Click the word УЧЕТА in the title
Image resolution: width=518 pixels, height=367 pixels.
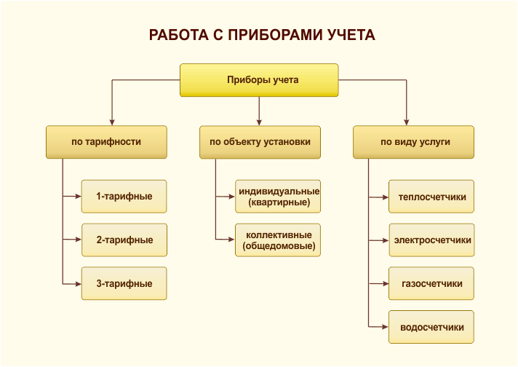click(x=351, y=35)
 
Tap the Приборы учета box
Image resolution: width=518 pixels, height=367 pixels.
click(x=259, y=80)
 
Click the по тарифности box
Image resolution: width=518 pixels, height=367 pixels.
click(x=106, y=142)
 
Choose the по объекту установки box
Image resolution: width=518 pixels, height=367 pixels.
click(x=260, y=142)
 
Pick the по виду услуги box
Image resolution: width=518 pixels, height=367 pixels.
click(x=414, y=142)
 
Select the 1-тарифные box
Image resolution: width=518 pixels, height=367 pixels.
click(x=124, y=197)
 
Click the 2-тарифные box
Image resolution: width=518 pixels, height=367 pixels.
click(x=124, y=240)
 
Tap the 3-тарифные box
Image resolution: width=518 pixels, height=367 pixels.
click(x=124, y=284)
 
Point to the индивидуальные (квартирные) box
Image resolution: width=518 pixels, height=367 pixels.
click(x=278, y=197)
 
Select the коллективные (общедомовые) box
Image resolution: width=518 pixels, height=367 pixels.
click(x=278, y=240)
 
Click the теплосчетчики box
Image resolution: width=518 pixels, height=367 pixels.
click(x=431, y=197)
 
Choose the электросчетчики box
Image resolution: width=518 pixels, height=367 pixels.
click(x=431, y=240)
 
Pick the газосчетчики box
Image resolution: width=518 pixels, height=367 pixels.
click(x=431, y=284)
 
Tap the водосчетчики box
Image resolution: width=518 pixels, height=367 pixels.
click(x=431, y=327)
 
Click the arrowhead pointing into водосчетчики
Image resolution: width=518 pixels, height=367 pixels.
click(x=385, y=327)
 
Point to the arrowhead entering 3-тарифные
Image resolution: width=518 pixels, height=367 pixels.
click(x=78, y=284)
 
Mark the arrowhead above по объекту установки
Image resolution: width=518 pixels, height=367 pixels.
click(x=259, y=122)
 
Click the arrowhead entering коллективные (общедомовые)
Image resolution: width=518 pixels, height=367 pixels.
click(x=231, y=240)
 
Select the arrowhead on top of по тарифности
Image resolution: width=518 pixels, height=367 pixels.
click(x=112, y=122)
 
